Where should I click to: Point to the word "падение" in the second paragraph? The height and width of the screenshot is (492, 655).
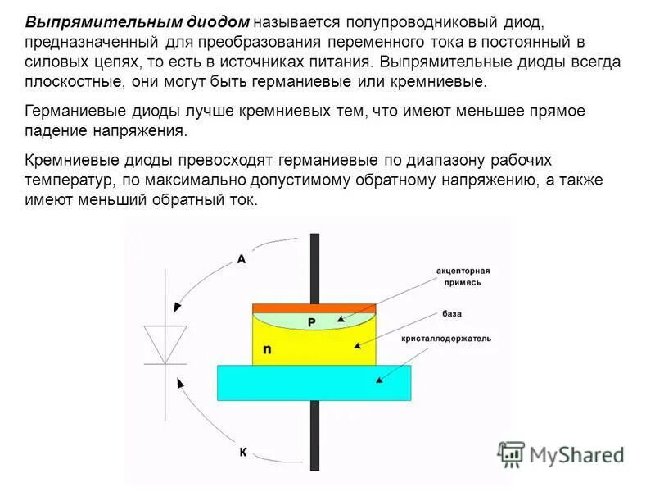pos(54,131)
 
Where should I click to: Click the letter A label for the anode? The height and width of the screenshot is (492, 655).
pos(242,259)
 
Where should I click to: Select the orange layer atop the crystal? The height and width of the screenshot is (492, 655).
pos(314,308)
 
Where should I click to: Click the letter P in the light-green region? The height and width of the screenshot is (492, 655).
pos(311,323)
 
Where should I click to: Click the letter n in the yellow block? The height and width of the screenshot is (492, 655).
pos(267,350)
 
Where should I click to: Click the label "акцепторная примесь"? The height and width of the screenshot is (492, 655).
pos(463,276)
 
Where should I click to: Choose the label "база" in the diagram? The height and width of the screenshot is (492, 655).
pos(452,313)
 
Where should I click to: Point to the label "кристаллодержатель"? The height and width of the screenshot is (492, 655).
pos(446,339)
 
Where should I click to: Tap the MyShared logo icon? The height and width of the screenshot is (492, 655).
pos(512,453)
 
